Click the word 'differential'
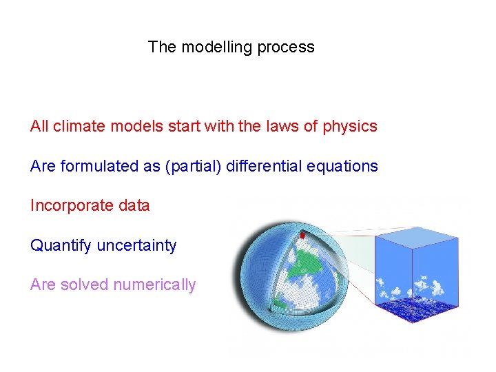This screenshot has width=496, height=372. (262, 167)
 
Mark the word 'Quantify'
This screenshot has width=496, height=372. (61, 246)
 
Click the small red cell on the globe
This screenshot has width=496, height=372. (302, 236)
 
